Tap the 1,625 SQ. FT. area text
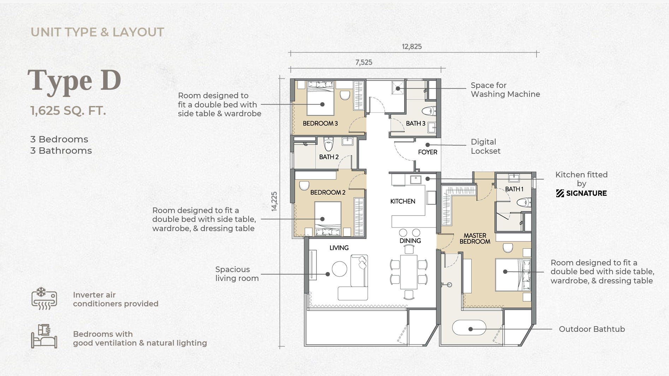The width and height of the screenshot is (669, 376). coord(68,111)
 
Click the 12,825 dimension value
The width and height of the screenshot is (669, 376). coord(412,47)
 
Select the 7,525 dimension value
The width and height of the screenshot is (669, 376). coord(364,63)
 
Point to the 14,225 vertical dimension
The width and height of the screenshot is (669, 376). coord(274,201)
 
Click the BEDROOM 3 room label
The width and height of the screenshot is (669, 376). coord(320,123)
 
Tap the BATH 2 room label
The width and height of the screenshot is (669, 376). coord(329,157)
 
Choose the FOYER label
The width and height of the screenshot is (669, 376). coord(428,152)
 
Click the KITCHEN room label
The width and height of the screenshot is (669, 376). coord(403,201)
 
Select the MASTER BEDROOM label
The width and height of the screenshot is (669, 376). coord(475,239)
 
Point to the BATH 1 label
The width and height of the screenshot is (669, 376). coord(514,189)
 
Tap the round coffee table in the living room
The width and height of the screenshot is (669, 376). coord(339,269)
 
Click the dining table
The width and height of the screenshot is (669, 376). coord(409,272)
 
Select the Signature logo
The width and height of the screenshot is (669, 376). coord(581,193)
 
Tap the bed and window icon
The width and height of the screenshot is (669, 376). coord(44,336)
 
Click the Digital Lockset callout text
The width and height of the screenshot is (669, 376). coord(486,146)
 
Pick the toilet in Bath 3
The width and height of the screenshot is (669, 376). coord(429,111)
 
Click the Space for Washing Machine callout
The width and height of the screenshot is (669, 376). coord(505,90)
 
